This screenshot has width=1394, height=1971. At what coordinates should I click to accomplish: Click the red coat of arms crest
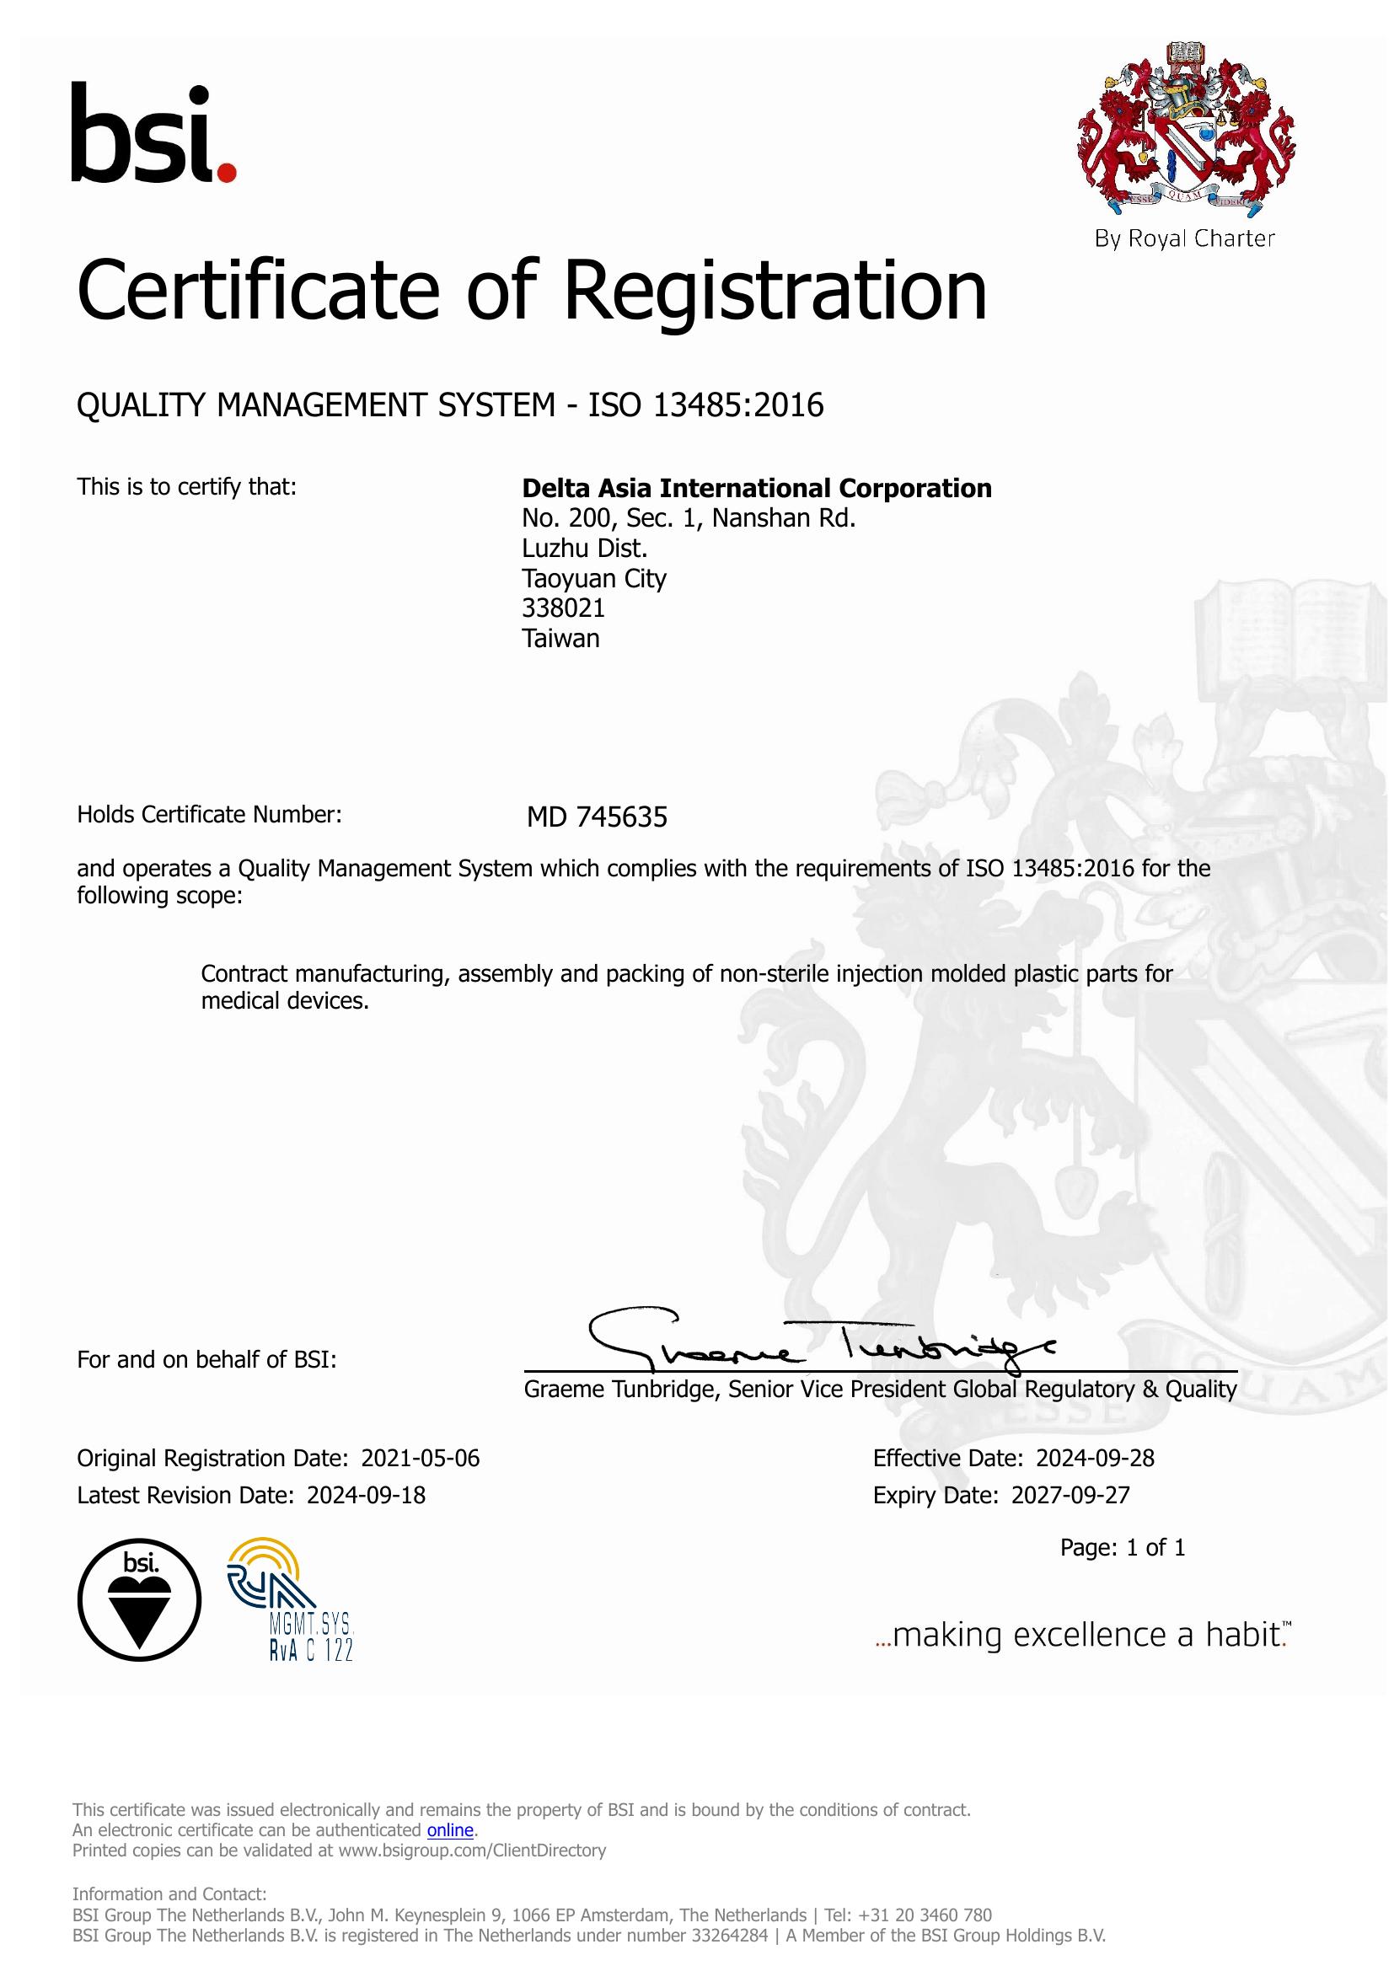pos(1186,129)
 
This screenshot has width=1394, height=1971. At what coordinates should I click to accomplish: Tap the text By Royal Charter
pos(1184,238)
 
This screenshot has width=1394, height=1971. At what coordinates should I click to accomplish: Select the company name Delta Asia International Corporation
pos(756,489)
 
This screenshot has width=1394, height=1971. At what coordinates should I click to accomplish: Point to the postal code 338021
pos(563,608)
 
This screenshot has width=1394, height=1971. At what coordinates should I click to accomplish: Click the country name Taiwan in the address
pos(560,639)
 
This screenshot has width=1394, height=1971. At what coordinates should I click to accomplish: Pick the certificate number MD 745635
pos(597,817)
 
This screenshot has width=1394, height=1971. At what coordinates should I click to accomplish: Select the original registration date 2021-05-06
pos(420,1459)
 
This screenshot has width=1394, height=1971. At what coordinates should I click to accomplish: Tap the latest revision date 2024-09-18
pos(366,1496)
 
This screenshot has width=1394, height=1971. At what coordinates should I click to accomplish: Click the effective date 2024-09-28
pos(1095,1459)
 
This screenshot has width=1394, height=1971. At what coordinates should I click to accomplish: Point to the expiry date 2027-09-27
pos(1070,1496)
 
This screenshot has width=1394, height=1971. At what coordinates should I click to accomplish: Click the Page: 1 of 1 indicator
pos(1122,1548)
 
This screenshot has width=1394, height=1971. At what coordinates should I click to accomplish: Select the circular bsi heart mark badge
pos(139,1599)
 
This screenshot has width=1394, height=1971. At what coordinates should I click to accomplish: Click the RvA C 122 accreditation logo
pos(290,1599)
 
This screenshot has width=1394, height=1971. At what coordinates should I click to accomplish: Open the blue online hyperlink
pos(450,1830)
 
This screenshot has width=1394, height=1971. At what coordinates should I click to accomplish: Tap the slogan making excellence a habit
pos(1083,1636)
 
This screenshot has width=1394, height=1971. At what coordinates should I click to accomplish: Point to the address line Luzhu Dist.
pos(585,549)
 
